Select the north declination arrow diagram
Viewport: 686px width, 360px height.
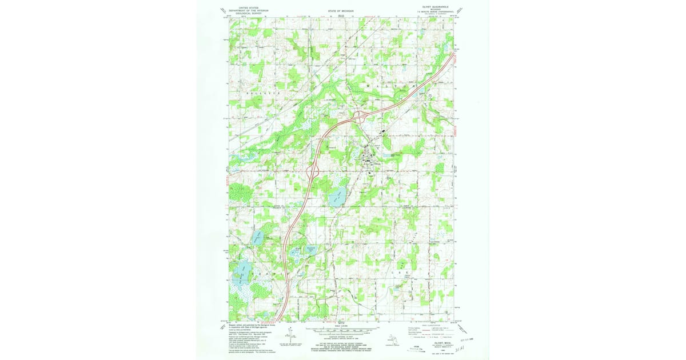click(x=290, y=335)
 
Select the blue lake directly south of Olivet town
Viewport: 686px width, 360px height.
click(x=337, y=198)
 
